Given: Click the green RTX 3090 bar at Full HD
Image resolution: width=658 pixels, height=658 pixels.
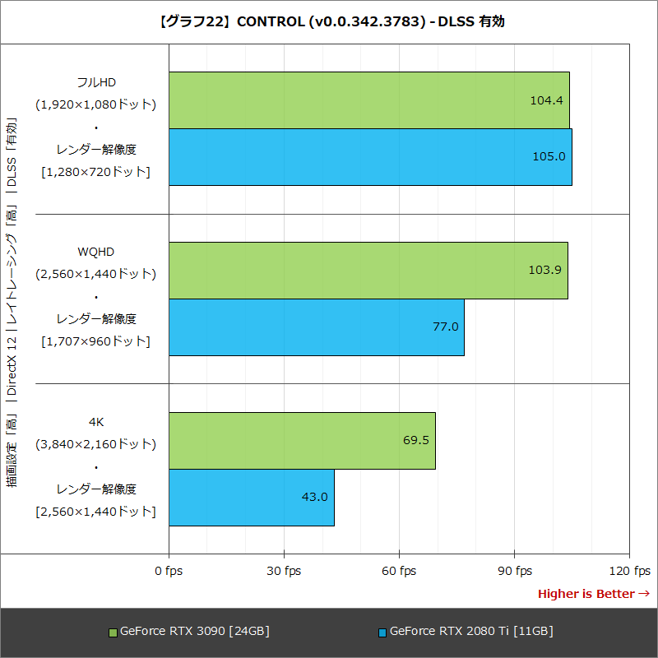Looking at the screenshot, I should (368, 100).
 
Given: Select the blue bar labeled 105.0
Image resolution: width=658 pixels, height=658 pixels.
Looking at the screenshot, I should (370, 157).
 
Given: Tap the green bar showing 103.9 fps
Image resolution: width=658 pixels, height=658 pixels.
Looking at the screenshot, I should (368, 270).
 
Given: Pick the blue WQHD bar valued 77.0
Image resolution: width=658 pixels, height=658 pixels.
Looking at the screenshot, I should (316, 327).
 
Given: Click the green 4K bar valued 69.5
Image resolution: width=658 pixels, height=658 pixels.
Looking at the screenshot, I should (302, 441).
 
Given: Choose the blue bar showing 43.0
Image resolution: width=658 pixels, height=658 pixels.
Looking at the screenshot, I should (251, 498).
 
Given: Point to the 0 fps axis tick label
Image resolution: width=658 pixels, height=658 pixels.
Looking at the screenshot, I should (169, 571).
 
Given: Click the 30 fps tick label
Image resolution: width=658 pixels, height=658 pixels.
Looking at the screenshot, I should (284, 571).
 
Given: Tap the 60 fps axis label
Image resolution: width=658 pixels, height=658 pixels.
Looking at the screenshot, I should (399, 571).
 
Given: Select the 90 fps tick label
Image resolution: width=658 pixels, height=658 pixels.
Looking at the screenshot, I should (514, 571).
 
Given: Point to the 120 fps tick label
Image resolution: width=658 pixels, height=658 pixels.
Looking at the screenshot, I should (629, 571).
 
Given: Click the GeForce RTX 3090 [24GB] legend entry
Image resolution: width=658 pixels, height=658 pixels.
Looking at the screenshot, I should (194, 632).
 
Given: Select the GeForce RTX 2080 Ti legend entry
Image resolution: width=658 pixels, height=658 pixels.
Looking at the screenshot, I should (470, 632).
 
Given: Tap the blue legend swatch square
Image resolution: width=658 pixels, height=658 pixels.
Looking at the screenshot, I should (382, 633).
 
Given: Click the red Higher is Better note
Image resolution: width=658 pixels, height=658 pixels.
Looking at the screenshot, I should (593, 594).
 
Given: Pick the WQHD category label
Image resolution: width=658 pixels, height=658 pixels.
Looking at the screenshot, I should (95, 251).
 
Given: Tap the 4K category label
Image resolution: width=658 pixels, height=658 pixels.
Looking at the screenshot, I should (95, 422).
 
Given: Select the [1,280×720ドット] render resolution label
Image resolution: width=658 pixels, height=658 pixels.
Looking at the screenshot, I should (95, 172).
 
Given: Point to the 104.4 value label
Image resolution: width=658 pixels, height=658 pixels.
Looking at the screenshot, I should (546, 100).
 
